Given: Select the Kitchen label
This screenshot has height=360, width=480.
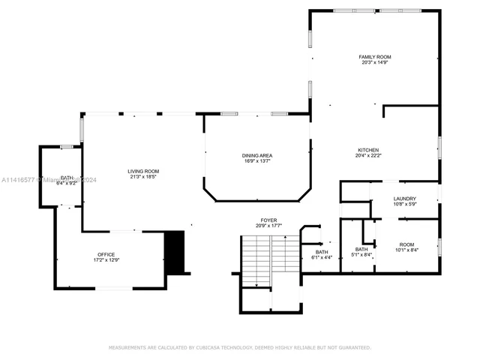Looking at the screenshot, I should (x=367, y=150).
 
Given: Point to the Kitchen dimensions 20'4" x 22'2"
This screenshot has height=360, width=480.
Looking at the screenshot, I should (x=367, y=155).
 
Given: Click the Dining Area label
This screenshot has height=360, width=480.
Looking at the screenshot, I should (x=256, y=155).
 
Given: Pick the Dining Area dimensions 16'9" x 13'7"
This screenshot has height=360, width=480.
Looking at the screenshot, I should (x=256, y=160).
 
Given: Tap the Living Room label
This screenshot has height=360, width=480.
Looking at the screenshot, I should (x=143, y=171).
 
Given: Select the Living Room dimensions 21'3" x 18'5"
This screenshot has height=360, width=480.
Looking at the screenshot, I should (x=143, y=176).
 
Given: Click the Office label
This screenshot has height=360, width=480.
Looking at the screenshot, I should (x=106, y=254).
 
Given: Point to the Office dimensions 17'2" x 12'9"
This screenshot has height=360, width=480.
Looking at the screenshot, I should (x=106, y=259).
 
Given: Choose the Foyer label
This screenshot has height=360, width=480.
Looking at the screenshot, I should (x=268, y=220).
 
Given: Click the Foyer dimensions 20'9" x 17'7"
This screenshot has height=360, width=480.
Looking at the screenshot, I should (x=268, y=226).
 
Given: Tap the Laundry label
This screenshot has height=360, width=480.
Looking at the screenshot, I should (x=405, y=198).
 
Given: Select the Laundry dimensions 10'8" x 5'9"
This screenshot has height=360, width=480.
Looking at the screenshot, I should (x=405, y=203).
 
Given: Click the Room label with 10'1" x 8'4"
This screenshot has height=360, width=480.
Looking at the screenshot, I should (x=406, y=244).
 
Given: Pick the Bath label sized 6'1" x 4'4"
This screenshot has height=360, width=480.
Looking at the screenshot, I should (x=321, y=252).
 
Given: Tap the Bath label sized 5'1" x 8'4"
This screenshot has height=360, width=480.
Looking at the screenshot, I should (x=361, y=249).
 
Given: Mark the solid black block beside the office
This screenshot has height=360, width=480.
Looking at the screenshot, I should (x=174, y=252).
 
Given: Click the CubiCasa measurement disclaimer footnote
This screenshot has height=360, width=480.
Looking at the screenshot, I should (x=240, y=347).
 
